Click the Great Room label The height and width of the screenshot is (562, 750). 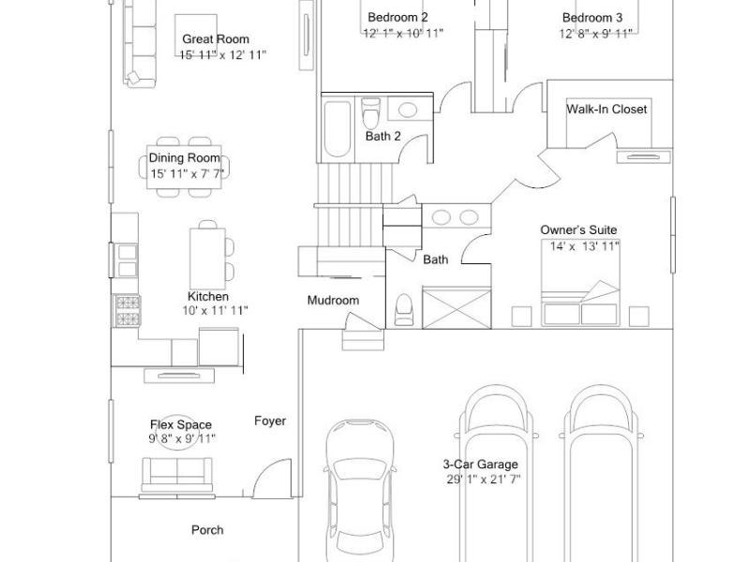coord(216,39)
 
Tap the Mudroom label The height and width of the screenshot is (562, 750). coord(333,301)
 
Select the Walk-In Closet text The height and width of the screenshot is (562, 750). coord(607,109)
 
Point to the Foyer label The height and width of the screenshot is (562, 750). coord(270,421)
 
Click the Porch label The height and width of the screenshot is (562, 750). coord(207,530)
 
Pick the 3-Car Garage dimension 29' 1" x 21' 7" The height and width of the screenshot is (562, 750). coord(484,480)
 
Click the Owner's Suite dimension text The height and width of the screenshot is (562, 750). coord(584,246)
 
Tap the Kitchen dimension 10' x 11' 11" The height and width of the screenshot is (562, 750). coord(215,311)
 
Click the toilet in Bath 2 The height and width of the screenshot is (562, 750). coord(370,111)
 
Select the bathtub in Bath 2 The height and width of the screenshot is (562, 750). coord(337,128)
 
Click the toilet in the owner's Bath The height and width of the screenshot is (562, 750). coord(404,310)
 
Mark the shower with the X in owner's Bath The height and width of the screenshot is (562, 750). coord(457,308)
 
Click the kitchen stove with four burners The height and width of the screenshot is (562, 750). coord(127,311)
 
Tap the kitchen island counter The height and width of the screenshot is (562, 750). coord(207,259)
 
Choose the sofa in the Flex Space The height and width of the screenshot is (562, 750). coord(177,475)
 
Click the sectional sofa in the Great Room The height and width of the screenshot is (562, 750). coord(139,44)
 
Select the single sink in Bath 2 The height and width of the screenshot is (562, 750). coord(407,110)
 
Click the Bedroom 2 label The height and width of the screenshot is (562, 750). coord(397,17)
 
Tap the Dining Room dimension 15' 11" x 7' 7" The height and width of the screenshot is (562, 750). coord(187,173)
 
